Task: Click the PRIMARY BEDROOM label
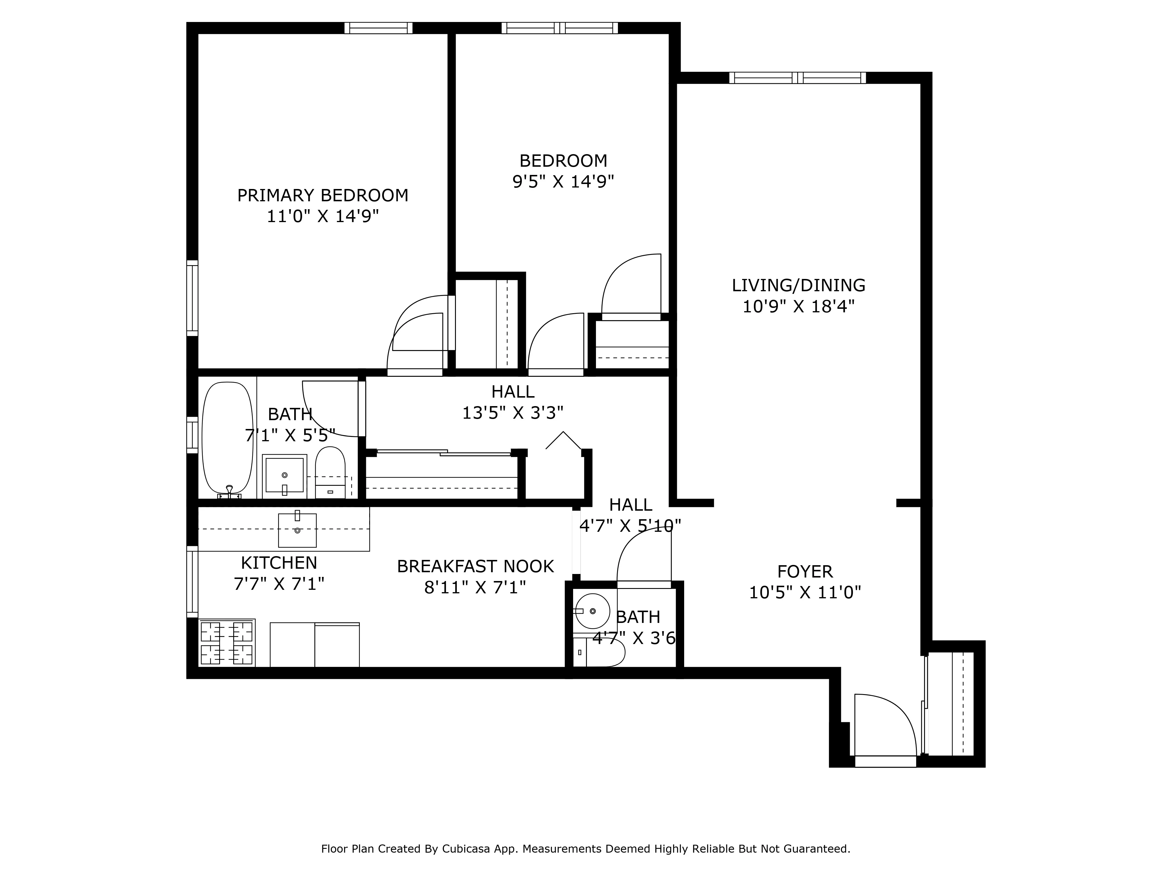point(323,195)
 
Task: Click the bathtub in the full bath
point(228,439)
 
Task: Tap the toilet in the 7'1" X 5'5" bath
point(330,471)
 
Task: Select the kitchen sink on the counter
point(297,530)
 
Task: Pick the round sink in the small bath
point(592,611)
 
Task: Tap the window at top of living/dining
point(798,78)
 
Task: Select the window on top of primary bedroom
point(378,28)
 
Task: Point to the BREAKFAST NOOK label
point(475,566)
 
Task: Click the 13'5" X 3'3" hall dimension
point(512,413)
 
